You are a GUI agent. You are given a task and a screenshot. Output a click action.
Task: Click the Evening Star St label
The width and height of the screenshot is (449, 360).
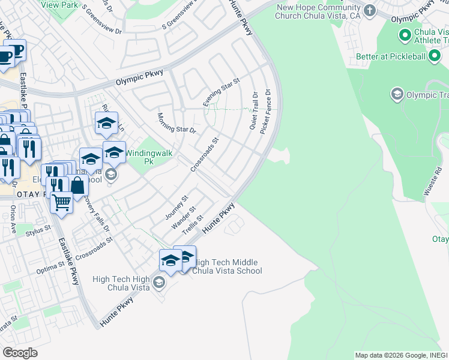[x=221, y=92]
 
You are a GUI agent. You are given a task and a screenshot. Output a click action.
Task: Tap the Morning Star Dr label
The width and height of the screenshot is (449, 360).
[x=177, y=122]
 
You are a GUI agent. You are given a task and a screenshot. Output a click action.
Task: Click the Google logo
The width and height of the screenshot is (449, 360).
[x=20, y=352]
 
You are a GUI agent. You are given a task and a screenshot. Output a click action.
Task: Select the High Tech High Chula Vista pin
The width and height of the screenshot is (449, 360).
[x=159, y=282]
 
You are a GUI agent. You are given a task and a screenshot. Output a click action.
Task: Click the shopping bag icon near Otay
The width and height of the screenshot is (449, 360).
[x=77, y=185]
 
